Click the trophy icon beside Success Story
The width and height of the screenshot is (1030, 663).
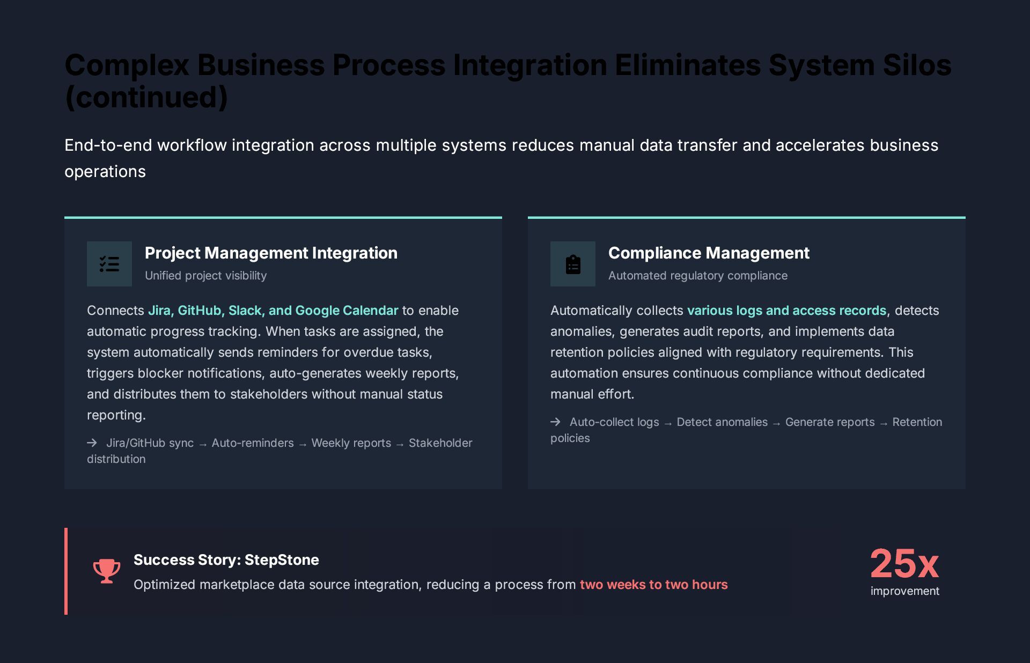[x=107, y=571]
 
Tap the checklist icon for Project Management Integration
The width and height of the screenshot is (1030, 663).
[x=109, y=264]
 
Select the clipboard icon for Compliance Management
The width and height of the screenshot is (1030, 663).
[x=573, y=264]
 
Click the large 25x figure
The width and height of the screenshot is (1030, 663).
[x=904, y=564]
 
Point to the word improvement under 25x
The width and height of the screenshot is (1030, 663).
[x=904, y=591]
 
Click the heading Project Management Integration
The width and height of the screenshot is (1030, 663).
[x=271, y=253]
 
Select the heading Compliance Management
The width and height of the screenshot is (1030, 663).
[x=709, y=253]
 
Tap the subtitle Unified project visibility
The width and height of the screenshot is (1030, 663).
[x=205, y=276]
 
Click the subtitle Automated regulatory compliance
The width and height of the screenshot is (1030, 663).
[x=697, y=276]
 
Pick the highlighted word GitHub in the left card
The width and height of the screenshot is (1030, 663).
[x=199, y=311]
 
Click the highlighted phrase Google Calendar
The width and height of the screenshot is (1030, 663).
[x=347, y=311]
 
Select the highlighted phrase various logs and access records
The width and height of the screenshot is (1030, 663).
[x=786, y=311]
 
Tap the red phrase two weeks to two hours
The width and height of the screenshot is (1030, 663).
[x=653, y=585]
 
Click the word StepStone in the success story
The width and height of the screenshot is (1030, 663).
[x=282, y=560]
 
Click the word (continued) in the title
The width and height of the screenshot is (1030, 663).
[x=146, y=98]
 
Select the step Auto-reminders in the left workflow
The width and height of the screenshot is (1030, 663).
[x=253, y=443]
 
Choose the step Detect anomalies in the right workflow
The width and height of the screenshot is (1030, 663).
[x=722, y=422]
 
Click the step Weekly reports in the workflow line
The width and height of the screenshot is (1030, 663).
[x=351, y=443]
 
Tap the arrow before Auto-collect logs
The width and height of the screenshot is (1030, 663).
[x=555, y=422]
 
